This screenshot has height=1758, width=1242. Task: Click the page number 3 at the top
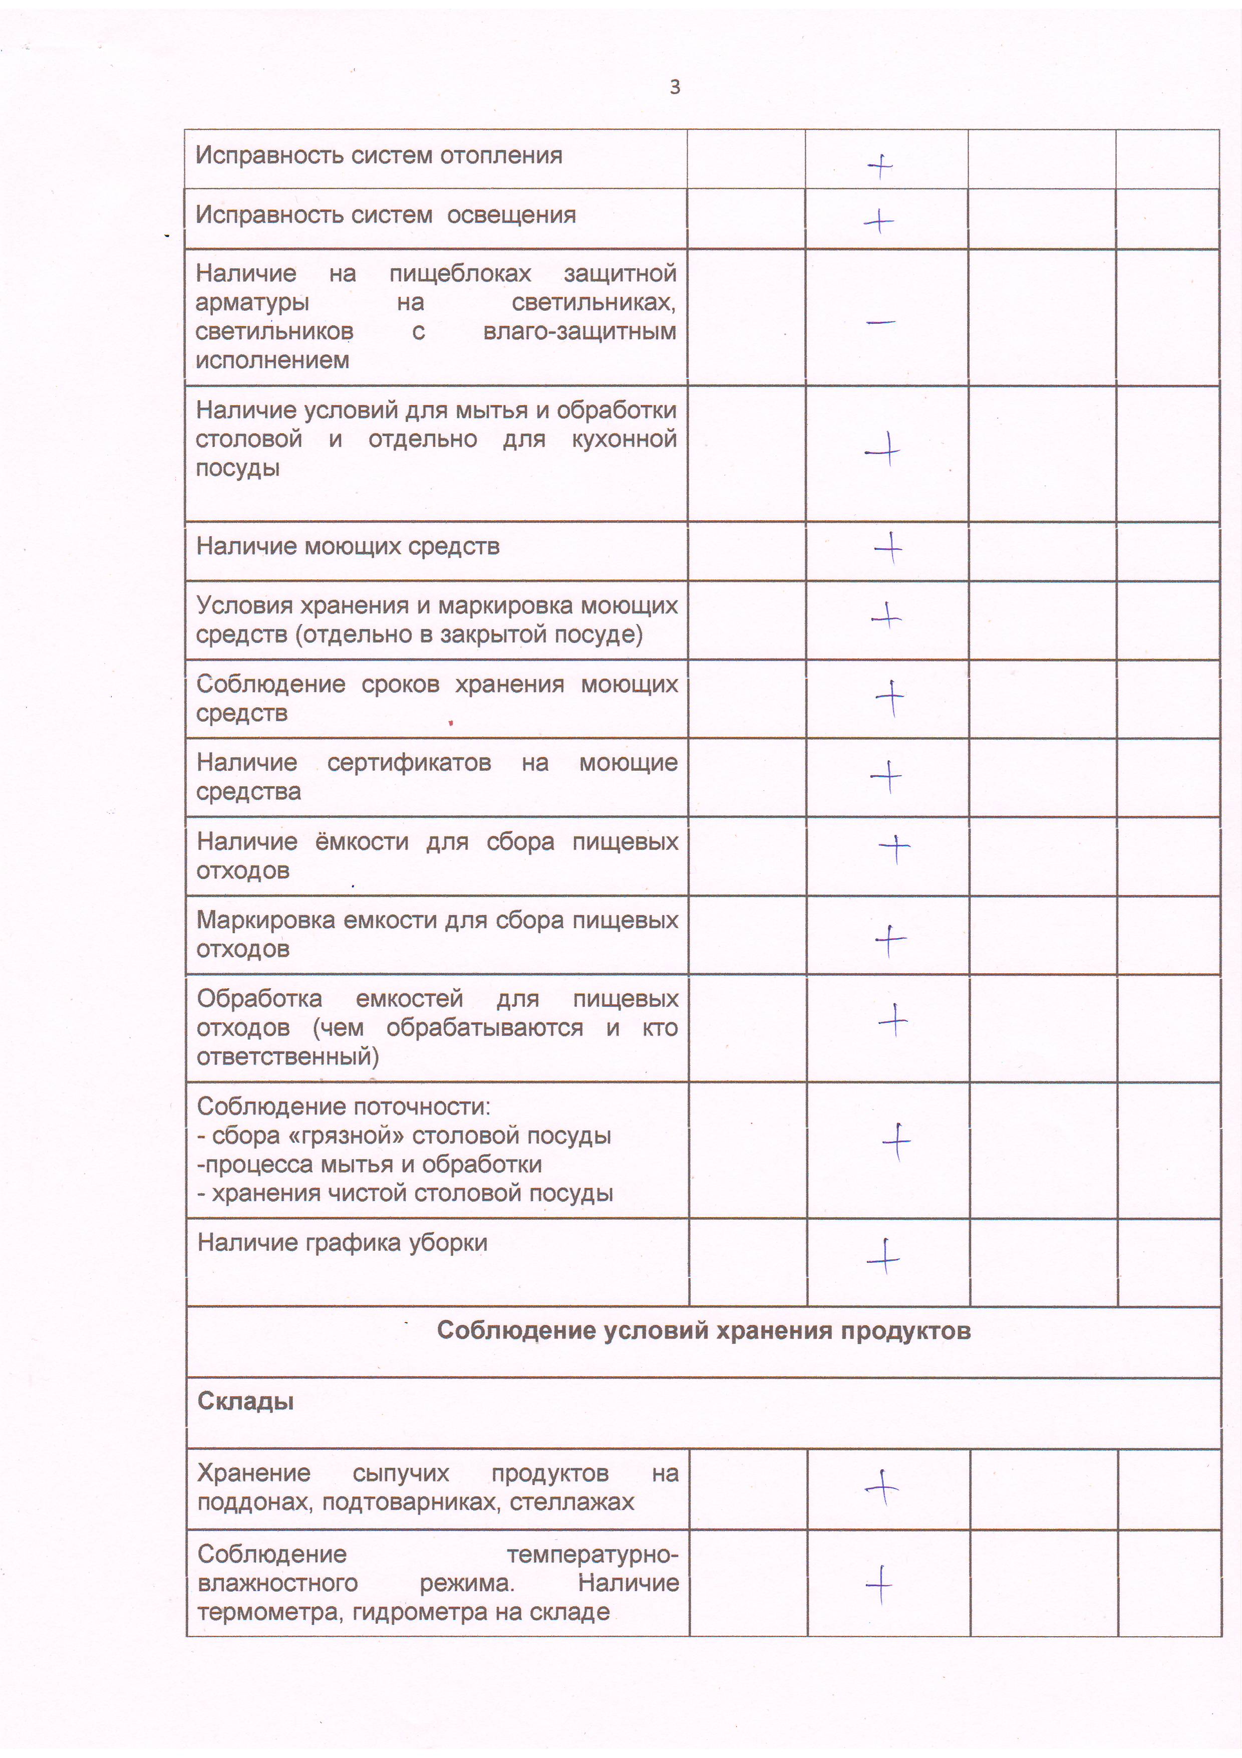(x=674, y=87)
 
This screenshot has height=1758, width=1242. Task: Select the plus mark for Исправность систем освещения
(x=878, y=222)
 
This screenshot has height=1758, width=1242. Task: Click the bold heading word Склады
(x=245, y=1401)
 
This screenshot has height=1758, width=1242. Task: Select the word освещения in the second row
(x=511, y=215)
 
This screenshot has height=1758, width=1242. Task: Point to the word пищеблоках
(x=460, y=273)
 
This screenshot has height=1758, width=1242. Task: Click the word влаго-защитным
(x=579, y=332)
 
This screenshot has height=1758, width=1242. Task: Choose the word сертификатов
(x=409, y=763)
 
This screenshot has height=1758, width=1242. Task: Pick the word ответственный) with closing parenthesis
(x=288, y=1056)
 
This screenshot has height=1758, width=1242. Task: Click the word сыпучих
(x=401, y=1472)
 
